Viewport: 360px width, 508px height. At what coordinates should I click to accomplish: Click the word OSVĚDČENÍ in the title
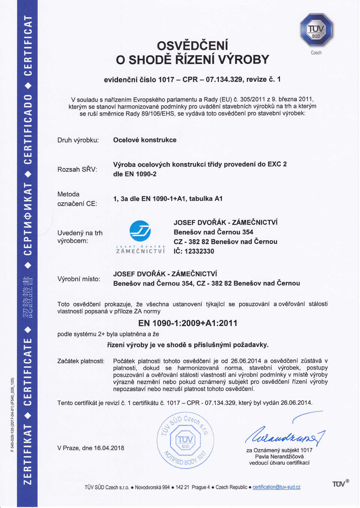[192, 46]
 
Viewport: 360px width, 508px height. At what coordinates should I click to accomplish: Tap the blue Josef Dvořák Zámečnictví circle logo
[140, 231]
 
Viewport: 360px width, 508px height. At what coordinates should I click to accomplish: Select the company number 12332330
[199, 251]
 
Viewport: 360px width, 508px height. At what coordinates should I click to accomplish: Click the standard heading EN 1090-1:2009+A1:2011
[188, 323]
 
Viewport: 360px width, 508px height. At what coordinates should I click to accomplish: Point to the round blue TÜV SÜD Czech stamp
[185, 440]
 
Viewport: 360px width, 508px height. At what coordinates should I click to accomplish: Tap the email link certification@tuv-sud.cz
[276, 487]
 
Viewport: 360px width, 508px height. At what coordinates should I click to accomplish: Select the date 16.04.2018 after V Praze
[109, 448]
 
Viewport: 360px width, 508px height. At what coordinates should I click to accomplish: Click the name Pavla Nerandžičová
[279, 456]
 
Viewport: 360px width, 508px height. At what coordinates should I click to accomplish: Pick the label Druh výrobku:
[78, 140]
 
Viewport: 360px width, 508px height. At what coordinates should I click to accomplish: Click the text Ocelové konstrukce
[145, 140]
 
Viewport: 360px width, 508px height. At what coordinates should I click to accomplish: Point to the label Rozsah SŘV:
[77, 169]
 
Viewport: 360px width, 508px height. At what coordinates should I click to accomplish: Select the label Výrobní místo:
[79, 279]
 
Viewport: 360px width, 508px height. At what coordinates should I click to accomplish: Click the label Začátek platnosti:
[81, 361]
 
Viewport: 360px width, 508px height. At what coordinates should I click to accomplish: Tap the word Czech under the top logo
[316, 53]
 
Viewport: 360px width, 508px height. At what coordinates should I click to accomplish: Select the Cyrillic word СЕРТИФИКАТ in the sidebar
[28, 219]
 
